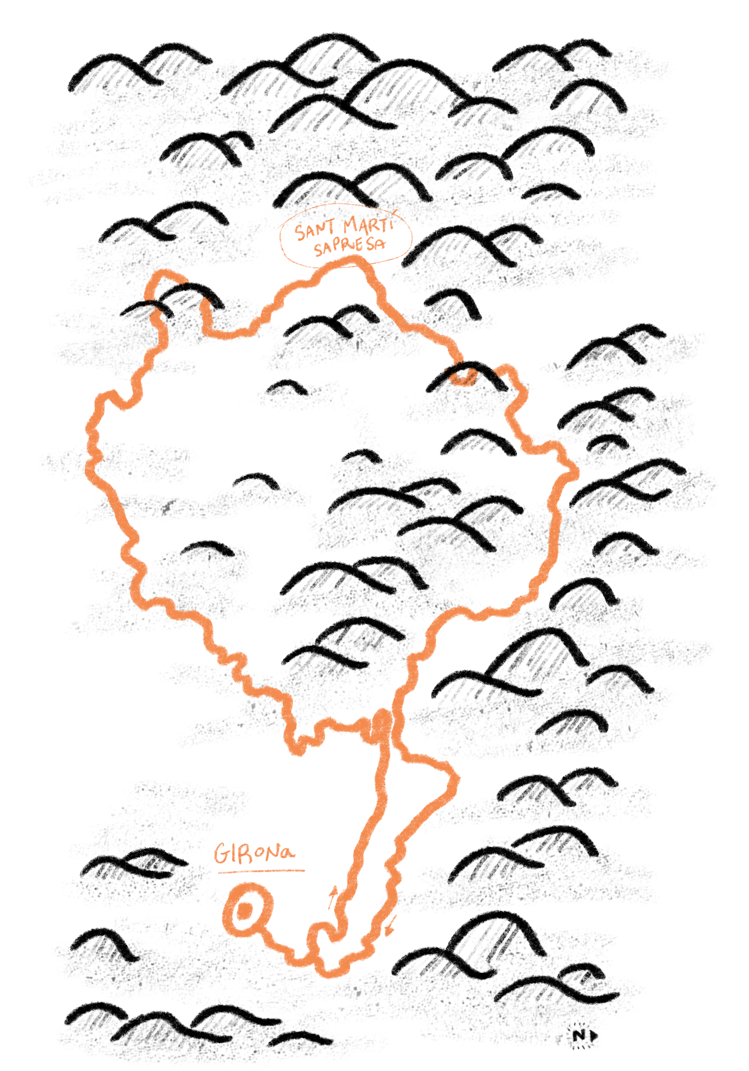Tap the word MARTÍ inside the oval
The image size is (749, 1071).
368,225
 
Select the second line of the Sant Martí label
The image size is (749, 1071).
349,246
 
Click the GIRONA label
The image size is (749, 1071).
254,854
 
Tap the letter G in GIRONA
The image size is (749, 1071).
221,855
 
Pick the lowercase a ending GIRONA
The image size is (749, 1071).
286,854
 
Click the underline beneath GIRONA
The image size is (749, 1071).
260,871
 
